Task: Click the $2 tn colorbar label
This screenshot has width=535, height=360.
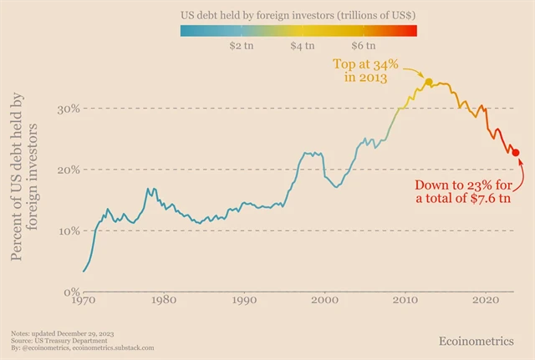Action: (x=242, y=46)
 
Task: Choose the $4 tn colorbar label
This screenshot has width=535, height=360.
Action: (x=303, y=46)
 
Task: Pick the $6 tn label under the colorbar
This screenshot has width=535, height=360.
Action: (x=364, y=46)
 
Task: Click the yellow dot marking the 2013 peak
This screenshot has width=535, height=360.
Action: (x=429, y=82)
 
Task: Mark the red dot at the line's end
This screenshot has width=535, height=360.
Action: (x=516, y=153)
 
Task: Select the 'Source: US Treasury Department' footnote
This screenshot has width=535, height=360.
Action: (x=59, y=341)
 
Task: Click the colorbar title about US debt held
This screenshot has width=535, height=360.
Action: (x=298, y=16)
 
